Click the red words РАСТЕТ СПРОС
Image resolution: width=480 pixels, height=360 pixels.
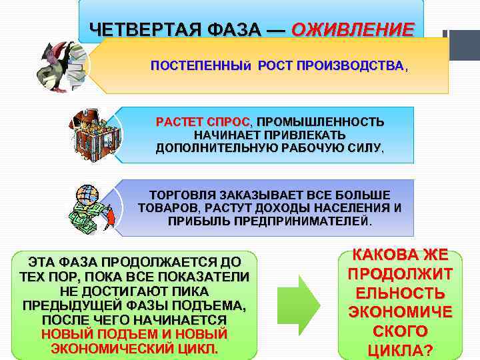201,123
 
